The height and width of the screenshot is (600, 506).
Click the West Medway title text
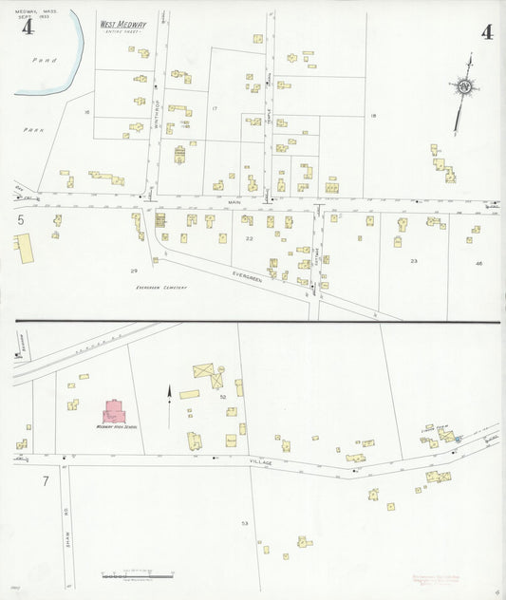coord(116,25)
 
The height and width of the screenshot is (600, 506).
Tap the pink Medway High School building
coord(116,412)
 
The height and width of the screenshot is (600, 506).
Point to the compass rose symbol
coord(465,87)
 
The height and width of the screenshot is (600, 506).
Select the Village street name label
coord(260,462)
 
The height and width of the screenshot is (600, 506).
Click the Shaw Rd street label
coord(68,503)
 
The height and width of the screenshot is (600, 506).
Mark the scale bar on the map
coord(138,574)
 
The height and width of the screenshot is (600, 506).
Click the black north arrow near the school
coord(170,393)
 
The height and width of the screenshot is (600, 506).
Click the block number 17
coord(215,109)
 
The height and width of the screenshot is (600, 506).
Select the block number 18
coord(373,115)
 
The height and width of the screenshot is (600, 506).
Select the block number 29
coord(134,271)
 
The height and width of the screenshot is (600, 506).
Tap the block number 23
coord(413,259)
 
